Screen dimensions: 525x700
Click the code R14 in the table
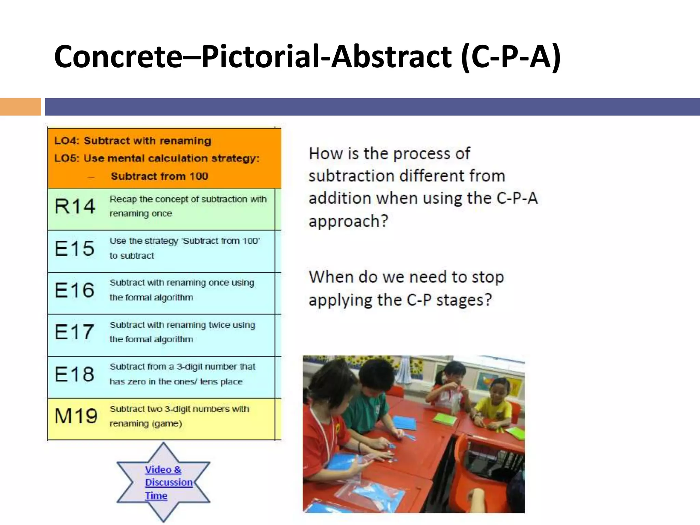(x=75, y=206)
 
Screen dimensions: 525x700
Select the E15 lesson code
(x=75, y=248)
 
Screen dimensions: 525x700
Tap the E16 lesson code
(x=75, y=290)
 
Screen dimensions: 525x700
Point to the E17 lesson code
(x=75, y=332)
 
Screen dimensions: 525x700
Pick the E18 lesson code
(x=75, y=374)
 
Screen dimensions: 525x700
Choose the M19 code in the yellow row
(x=76, y=416)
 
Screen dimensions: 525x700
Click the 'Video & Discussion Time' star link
(x=163, y=482)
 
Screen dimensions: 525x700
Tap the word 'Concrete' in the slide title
(x=118, y=56)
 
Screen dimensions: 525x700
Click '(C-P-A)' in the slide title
(x=511, y=56)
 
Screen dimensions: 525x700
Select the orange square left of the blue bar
(x=20, y=107)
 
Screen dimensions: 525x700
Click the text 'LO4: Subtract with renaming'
(x=133, y=141)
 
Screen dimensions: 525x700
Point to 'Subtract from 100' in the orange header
(x=159, y=176)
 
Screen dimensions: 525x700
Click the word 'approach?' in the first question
(x=348, y=221)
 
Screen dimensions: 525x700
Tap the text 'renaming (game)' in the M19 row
(x=146, y=424)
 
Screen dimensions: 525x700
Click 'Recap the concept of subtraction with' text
(x=188, y=199)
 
